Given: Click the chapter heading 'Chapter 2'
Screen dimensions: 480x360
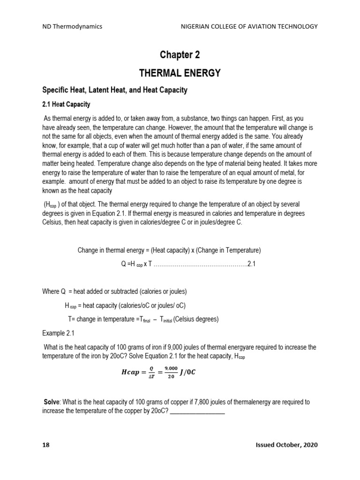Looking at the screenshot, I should (180, 55).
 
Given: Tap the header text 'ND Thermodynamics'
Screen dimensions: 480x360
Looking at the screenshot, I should (72, 26).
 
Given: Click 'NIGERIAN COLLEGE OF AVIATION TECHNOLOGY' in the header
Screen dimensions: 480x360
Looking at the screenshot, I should (249, 26).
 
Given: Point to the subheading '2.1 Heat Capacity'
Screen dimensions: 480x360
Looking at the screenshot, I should (66, 104).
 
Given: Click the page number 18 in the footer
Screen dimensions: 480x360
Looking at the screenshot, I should (46, 444).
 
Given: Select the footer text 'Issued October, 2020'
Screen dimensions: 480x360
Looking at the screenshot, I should (284, 444).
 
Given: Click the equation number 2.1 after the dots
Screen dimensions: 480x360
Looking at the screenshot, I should (251, 264).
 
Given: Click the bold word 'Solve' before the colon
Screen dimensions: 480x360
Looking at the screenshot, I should (52, 402).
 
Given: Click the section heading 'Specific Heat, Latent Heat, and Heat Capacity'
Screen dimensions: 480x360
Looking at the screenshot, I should (114, 90).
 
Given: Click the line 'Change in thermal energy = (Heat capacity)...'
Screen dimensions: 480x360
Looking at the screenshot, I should (169, 250).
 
